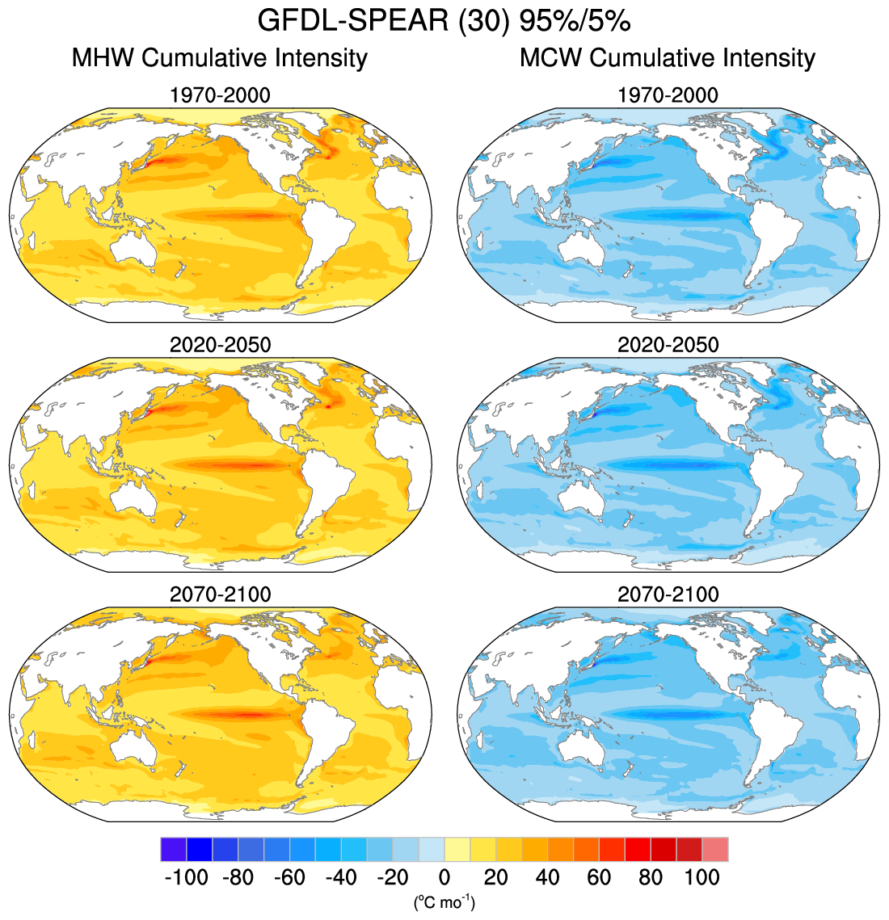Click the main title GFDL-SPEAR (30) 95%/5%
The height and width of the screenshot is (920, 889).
click(444, 21)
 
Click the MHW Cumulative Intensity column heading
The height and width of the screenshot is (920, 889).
click(220, 58)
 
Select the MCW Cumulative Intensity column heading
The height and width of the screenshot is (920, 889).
click(668, 58)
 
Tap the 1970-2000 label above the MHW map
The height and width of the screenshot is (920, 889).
click(220, 95)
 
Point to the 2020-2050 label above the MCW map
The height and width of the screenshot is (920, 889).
click(668, 345)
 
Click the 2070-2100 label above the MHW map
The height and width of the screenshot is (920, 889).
click(220, 594)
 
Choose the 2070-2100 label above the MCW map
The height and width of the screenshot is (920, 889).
click(668, 594)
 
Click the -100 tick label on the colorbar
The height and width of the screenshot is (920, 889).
click(187, 877)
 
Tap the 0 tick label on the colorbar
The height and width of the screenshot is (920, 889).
click(444, 877)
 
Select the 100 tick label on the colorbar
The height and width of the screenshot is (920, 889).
click(702, 877)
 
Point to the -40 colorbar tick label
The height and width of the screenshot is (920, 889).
click(341, 877)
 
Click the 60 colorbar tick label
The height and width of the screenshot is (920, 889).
click(599, 877)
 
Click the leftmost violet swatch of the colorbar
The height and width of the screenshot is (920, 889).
click(174, 850)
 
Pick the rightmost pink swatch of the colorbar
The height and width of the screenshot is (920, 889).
click(715, 850)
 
